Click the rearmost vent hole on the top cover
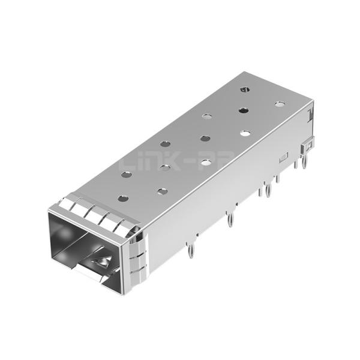244,89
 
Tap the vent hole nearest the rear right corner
280,104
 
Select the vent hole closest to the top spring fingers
123,198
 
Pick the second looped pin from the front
230,220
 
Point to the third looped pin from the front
268,191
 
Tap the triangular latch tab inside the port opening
103,262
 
